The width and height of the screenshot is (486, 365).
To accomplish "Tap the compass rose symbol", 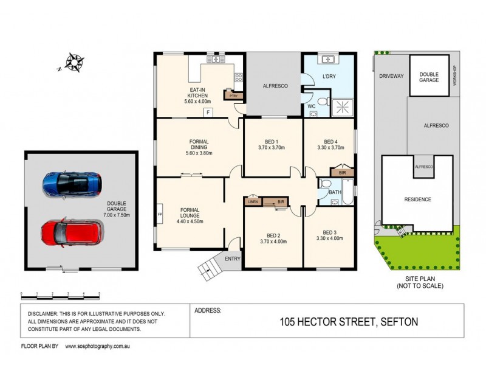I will [x=74, y=62].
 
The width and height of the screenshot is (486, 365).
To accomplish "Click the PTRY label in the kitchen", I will [x=233, y=96].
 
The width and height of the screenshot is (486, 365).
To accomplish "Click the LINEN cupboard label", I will [x=253, y=201].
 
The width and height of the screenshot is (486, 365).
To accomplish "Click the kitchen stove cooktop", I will [x=239, y=78].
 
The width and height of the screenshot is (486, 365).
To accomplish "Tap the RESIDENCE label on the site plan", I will [x=417, y=199].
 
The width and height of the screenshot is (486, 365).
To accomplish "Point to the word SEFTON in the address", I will [x=399, y=322].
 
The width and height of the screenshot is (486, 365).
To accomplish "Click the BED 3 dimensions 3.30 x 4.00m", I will [x=330, y=238].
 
